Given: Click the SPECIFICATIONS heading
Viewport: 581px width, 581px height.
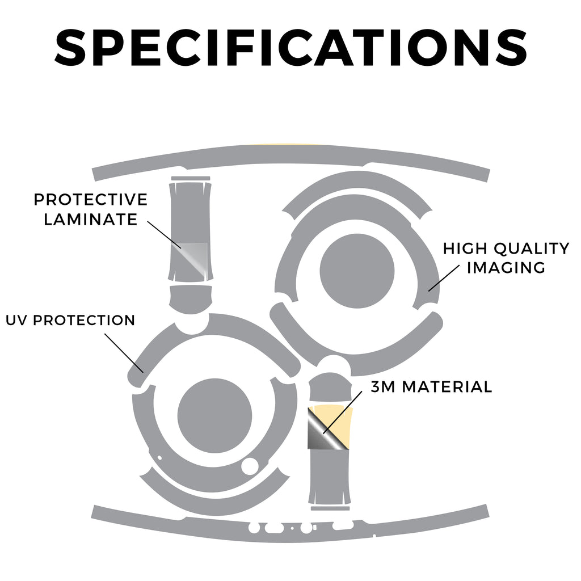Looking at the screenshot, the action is tap(291, 48).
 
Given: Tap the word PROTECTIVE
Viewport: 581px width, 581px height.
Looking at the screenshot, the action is tap(91, 200).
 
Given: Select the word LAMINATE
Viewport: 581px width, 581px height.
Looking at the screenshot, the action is tap(91, 220).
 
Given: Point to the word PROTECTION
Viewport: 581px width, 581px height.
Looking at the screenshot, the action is tap(84, 321).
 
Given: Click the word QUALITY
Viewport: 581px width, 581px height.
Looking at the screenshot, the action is tap(532, 249).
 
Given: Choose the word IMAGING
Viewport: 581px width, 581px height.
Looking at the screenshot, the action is tap(506, 268).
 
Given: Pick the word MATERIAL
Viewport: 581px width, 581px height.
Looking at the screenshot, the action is tap(447, 387).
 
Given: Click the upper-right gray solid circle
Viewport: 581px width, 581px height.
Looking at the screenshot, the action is tap(357, 271).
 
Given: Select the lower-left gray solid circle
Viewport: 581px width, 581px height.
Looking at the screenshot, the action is tap(214, 416).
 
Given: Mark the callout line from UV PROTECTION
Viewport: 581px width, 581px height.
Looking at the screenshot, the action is tap(124, 353).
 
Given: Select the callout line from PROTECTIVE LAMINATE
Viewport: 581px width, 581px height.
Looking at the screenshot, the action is tap(164, 235).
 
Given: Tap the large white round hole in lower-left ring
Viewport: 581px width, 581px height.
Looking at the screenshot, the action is tap(250, 466).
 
